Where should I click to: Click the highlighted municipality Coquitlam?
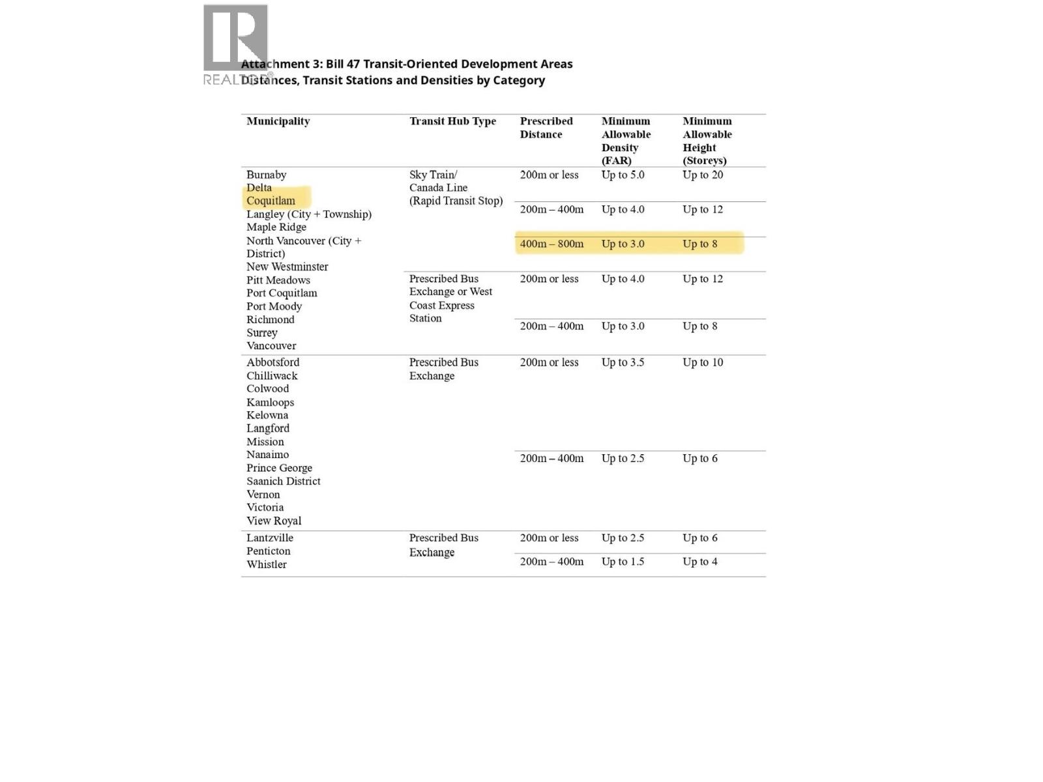tap(271, 201)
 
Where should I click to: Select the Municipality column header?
tap(278, 121)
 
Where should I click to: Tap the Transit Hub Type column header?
tap(452, 121)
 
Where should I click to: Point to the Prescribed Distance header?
tap(546, 128)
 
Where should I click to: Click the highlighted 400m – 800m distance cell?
tap(551, 244)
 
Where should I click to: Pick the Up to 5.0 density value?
tap(623, 175)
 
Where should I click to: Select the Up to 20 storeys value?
tap(703, 175)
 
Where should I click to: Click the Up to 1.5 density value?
tap(623, 562)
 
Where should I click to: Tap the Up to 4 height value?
tap(699, 562)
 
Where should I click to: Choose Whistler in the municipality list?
tap(267, 564)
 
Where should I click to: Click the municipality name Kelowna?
tap(267, 415)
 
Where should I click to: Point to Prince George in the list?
tap(279, 468)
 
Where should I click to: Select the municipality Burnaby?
tap(266, 175)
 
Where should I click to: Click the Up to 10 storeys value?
tap(703, 362)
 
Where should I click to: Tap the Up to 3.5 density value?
tap(623, 362)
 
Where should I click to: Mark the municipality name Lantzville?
tap(270, 538)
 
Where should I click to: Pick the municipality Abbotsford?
tap(272, 362)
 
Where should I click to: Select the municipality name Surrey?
tap(262, 332)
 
